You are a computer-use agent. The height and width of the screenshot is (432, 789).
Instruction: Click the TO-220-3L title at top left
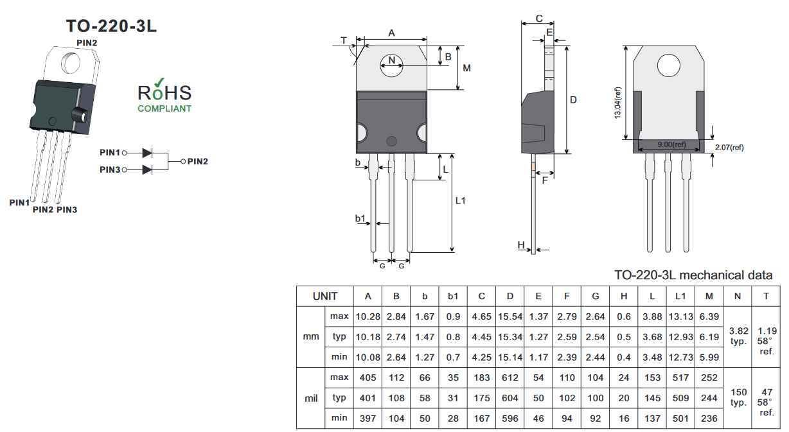pos(111,26)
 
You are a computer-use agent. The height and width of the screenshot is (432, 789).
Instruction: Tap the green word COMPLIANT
pos(164,108)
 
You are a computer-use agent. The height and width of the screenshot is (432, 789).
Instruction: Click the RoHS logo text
pos(164,92)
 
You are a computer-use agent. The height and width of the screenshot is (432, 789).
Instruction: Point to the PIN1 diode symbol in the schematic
pos(147,153)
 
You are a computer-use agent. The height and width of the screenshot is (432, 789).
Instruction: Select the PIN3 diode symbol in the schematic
pos(147,170)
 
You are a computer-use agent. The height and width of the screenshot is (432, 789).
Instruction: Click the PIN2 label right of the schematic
pos(198,162)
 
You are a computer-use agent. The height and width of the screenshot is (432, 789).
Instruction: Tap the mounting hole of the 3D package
pos(71,63)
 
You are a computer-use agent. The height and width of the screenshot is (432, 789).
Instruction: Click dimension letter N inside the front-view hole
pos(392,60)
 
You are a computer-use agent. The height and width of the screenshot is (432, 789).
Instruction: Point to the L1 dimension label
pos(461,200)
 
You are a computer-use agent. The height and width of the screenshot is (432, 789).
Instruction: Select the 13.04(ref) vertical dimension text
pos(617,103)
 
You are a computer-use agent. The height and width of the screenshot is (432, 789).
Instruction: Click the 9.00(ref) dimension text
pos(671,144)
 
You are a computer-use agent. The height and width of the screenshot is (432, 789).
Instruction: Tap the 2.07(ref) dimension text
pos(729,148)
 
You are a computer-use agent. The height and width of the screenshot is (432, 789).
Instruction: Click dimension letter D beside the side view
pos(573,100)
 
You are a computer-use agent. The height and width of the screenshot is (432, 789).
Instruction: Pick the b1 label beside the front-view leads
pos(360,218)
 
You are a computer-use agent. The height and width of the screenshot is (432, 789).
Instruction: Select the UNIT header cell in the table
pos(324,296)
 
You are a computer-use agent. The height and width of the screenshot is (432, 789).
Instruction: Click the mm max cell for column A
pos(368,316)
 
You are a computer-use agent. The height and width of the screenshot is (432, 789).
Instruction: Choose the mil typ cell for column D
pos(510,398)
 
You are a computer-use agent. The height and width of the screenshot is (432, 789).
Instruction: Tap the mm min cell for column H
pos(623,358)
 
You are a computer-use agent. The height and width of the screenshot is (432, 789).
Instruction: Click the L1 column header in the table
pos(680,296)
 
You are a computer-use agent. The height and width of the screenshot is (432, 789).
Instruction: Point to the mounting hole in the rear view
pos(669,65)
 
